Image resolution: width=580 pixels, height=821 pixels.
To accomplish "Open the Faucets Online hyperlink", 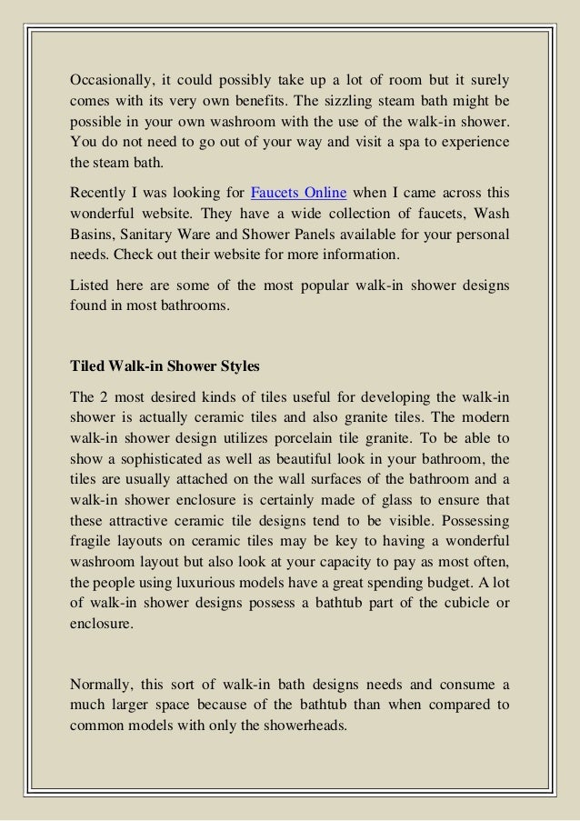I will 297,194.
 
